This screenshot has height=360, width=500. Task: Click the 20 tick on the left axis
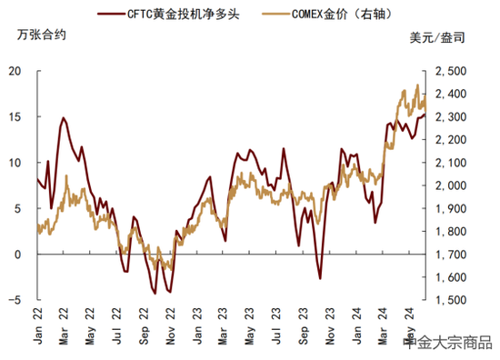[x=15, y=71]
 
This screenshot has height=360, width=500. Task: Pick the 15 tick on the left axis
[x=15, y=116]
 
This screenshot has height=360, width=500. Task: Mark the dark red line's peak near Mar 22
[x=64, y=117]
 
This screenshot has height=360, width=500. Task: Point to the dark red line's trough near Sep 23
[x=319, y=279]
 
